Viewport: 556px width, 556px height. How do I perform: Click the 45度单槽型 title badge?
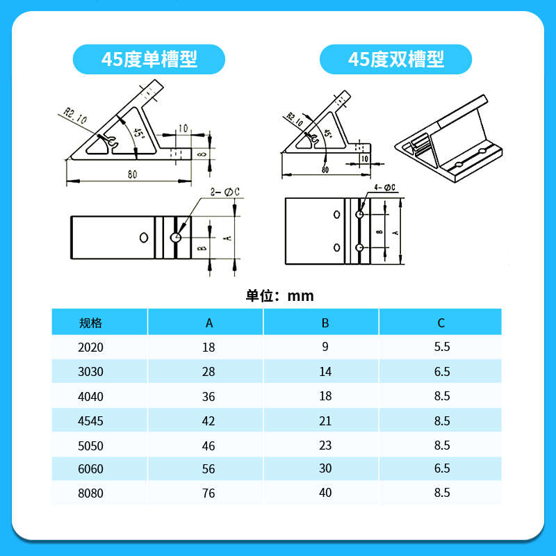pyautogui.click(x=149, y=59)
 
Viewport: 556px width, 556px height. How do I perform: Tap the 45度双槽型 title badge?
pyautogui.click(x=395, y=59)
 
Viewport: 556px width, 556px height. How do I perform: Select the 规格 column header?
pyautogui.click(x=91, y=322)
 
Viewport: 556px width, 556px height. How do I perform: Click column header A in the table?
pyautogui.click(x=208, y=322)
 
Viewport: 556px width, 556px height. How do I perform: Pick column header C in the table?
pyautogui.click(x=441, y=322)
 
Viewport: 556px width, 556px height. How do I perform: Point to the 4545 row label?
pyautogui.click(x=91, y=421)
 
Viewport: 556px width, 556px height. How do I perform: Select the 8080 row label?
pyautogui.click(x=91, y=493)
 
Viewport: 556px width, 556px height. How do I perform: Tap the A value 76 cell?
pyautogui.click(x=208, y=493)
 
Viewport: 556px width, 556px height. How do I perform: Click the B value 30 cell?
pyautogui.click(x=325, y=468)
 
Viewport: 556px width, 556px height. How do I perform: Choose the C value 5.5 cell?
pyautogui.click(x=441, y=347)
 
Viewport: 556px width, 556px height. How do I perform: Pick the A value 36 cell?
pyautogui.click(x=208, y=397)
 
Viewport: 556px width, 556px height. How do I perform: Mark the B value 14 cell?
pyautogui.click(x=325, y=372)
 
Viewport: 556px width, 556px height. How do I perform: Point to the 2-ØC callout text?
pyautogui.click(x=224, y=192)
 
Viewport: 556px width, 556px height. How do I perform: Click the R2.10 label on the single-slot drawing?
pyautogui.click(x=75, y=115)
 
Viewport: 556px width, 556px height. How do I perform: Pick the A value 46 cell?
pyautogui.click(x=208, y=445)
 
